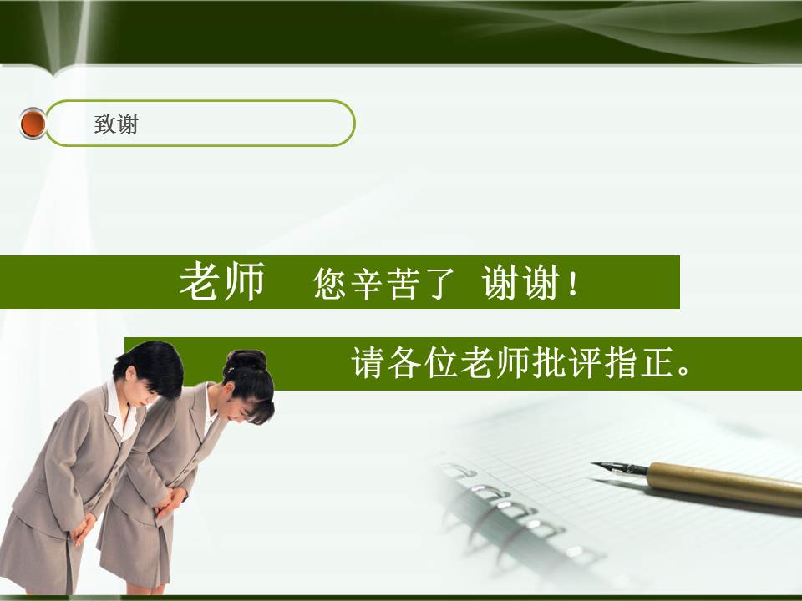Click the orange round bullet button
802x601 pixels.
[x=33, y=124]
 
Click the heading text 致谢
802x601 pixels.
[x=116, y=124]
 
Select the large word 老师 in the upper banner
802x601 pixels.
[x=221, y=282]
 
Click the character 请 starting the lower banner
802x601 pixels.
[x=368, y=363]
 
